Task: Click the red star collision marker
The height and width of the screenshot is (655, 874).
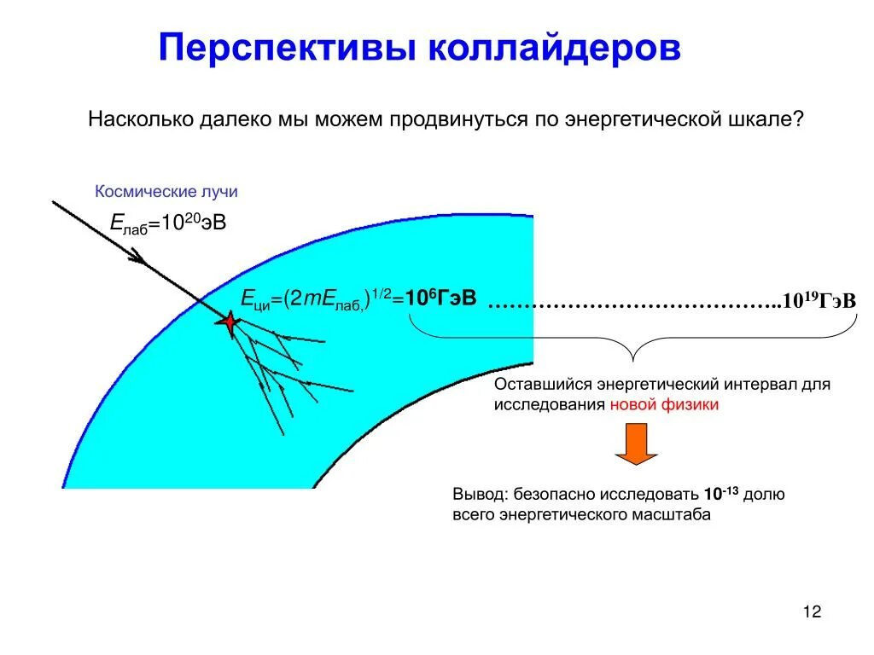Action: tap(229, 322)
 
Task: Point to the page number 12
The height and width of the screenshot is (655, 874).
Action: tap(811, 612)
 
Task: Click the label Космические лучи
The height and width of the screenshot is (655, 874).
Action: tap(166, 192)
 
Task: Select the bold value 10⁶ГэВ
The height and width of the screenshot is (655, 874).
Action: tap(440, 299)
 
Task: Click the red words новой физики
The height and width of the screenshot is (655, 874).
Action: tap(664, 405)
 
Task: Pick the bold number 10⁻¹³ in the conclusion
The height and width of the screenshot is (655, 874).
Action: tap(720, 494)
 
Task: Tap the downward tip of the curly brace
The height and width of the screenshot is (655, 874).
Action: tap(633, 359)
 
